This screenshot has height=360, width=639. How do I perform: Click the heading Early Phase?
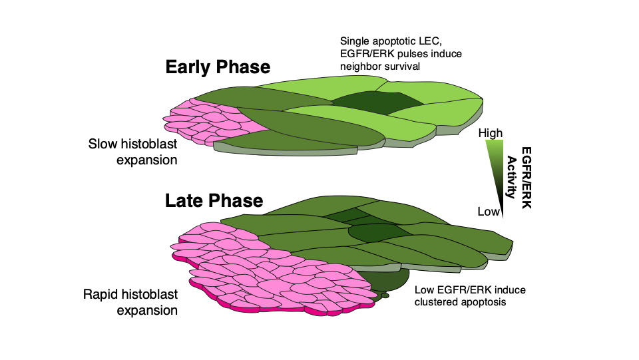pyautogui.click(x=218, y=67)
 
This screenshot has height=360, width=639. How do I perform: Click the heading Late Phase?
pyautogui.click(x=214, y=200)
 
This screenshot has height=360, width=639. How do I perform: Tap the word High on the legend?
pyautogui.click(x=491, y=133)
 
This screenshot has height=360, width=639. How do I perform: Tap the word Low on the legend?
pyautogui.click(x=488, y=212)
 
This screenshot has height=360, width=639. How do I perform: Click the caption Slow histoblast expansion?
pyautogui.click(x=133, y=151)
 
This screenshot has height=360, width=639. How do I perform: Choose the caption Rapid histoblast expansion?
pyautogui.click(x=130, y=302)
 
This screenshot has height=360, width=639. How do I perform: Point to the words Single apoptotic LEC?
pyautogui.click(x=386, y=42)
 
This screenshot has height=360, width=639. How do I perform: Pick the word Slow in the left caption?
pyautogui.click(x=101, y=144)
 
